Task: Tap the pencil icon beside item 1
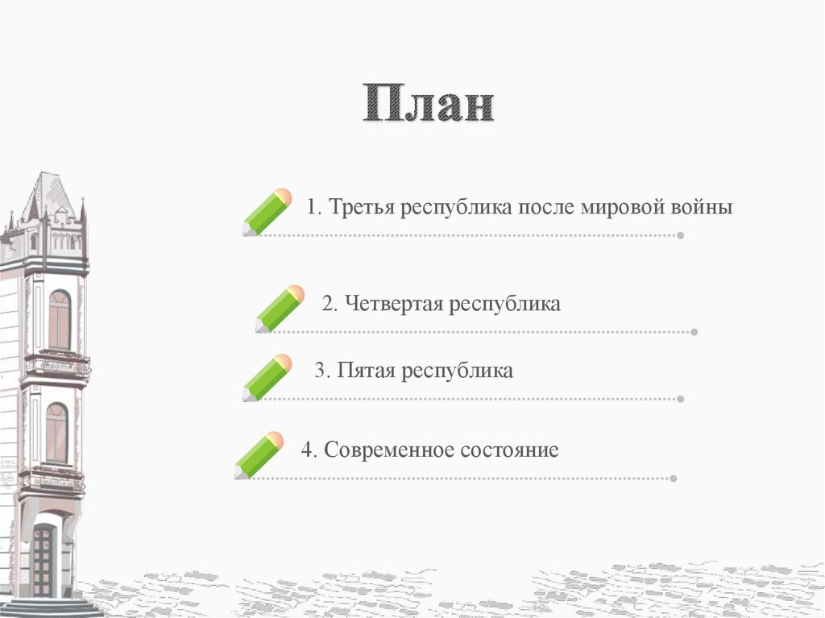click(x=267, y=212)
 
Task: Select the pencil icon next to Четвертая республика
click(x=280, y=309)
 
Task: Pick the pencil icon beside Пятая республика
click(x=267, y=377)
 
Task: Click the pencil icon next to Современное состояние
click(x=259, y=455)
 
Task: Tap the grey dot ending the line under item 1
click(x=681, y=236)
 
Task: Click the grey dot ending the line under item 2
click(x=694, y=332)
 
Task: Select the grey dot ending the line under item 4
click(x=673, y=479)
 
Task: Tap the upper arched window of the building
click(x=59, y=319)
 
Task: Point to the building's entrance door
click(x=42, y=560)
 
